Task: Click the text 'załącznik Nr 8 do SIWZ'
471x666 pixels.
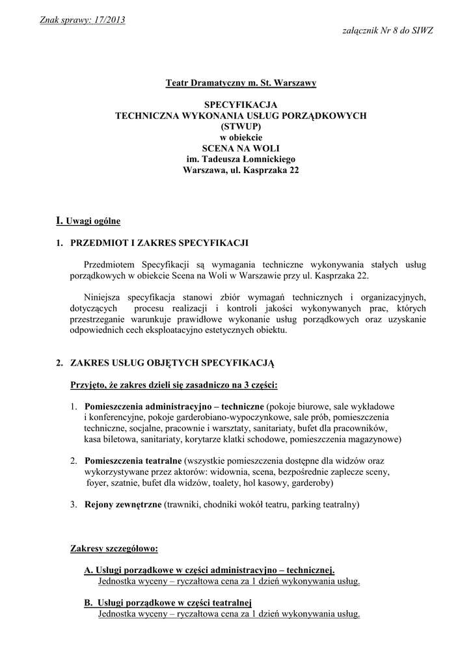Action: tap(387, 31)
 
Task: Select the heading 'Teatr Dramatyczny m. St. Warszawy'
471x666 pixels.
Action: tap(241, 83)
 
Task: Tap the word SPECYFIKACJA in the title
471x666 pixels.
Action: tap(241, 105)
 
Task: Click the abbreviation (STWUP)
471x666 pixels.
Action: tap(241, 126)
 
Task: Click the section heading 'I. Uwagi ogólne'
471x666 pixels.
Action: tap(88, 221)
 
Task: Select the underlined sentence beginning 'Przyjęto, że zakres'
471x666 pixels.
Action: tap(174, 385)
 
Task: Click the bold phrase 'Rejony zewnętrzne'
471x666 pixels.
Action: tap(123, 505)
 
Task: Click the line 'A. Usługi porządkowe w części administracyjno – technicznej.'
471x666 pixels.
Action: tap(209, 570)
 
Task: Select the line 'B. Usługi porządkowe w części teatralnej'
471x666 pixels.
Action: tap(168, 602)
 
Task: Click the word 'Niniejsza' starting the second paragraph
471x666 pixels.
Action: tap(105, 297)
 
